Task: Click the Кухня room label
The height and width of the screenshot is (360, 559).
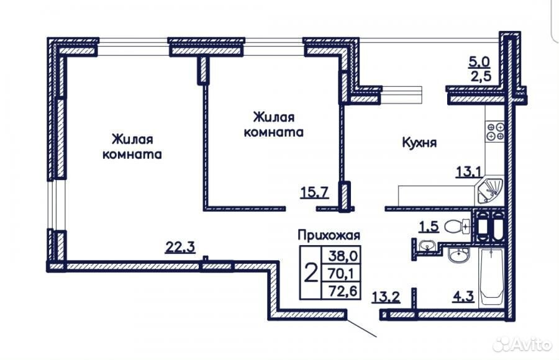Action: (419, 143)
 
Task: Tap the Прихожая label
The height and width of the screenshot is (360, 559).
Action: (329, 235)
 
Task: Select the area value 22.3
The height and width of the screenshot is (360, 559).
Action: (180, 246)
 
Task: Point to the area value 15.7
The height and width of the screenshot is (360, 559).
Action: (314, 192)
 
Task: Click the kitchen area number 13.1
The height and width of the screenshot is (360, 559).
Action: (469, 172)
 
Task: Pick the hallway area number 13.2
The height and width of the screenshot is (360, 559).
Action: (386, 297)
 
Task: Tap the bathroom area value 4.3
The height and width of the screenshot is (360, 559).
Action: (463, 297)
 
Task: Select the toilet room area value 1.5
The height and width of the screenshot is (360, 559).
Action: (429, 227)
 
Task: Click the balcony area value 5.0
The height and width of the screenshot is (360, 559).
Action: (479, 61)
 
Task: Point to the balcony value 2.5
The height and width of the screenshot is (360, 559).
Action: (481, 76)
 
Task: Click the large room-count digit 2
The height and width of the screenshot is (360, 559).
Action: (311, 273)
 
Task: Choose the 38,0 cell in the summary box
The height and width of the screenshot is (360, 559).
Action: (341, 255)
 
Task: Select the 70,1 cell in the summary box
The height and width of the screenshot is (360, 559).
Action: (341, 273)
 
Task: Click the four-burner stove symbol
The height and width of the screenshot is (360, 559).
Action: (496, 131)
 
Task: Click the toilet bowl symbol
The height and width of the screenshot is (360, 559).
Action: (457, 226)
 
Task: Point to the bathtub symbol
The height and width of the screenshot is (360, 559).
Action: (491, 277)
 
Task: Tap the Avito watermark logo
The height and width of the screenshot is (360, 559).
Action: (522, 344)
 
